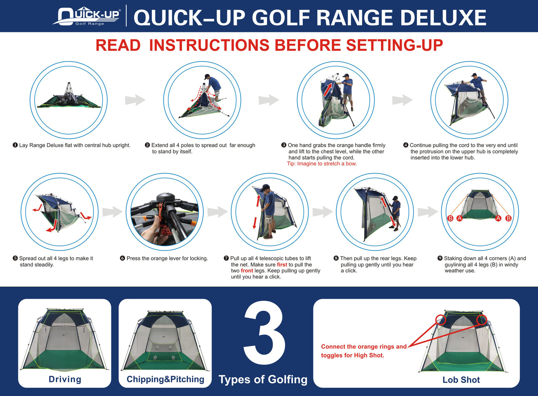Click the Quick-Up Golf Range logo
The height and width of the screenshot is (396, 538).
[88, 17]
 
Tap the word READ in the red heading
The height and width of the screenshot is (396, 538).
[118, 45]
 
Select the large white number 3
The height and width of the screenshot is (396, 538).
[264, 334]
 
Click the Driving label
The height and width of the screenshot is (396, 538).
[65, 379]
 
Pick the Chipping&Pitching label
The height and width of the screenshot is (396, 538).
[165, 379]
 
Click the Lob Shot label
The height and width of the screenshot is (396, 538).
[461, 380]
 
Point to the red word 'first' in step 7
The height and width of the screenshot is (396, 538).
[282, 264]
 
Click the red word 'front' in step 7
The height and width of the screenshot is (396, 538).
[247, 271]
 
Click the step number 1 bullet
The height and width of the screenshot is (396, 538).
[15, 145]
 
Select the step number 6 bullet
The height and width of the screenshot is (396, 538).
[122, 259]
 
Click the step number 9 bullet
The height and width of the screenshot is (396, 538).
[440, 259]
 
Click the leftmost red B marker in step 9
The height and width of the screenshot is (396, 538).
[450, 218]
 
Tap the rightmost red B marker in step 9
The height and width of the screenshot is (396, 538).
[508, 218]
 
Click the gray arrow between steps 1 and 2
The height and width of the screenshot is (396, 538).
[135, 100]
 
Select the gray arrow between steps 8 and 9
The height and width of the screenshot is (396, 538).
[428, 212]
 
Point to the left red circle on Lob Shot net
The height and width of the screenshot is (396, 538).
[440, 320]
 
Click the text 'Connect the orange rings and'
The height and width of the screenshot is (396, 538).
[364, 346]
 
